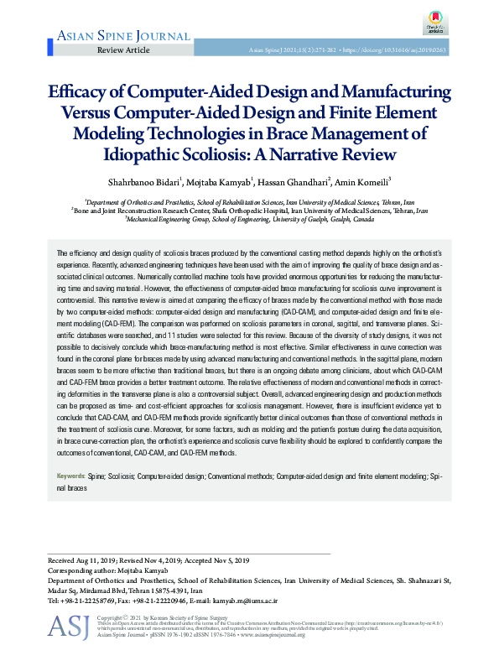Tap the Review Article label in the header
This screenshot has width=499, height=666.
coord(123,51)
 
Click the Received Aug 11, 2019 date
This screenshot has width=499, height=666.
coord(86,559)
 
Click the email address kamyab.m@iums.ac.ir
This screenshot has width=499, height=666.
coord(244,601)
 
